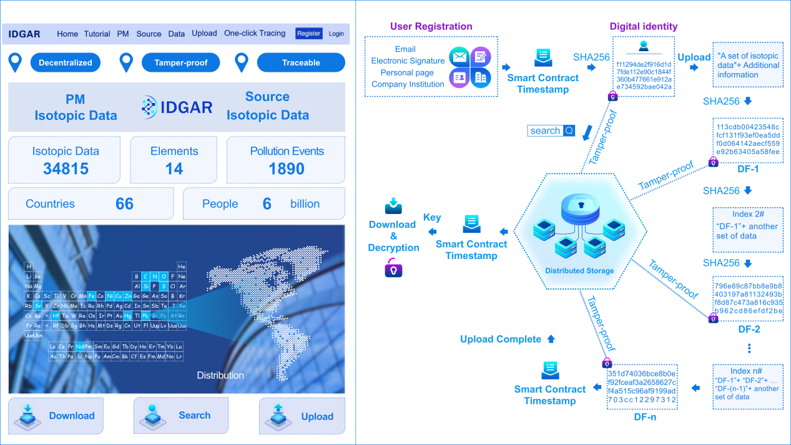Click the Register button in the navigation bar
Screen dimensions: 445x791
[309, 34]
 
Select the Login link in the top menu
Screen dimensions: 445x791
[337, 34]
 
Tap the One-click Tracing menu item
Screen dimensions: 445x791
[255, 34]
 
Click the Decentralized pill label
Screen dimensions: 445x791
[66, 62]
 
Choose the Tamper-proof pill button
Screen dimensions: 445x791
[180, 62]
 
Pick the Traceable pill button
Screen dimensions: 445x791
[301, 62]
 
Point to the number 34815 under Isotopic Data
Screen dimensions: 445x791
[66, 169]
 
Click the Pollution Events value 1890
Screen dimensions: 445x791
[287, 169]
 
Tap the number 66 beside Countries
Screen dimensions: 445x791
[124, 204]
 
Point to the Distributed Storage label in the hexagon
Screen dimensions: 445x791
[579, 271]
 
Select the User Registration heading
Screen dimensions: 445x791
[431, 27]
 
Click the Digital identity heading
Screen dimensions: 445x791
[643, 27]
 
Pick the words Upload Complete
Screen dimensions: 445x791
[501, 340]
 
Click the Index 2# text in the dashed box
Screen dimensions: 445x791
[747, 215]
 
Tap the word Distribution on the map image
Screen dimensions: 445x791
[220, 375]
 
